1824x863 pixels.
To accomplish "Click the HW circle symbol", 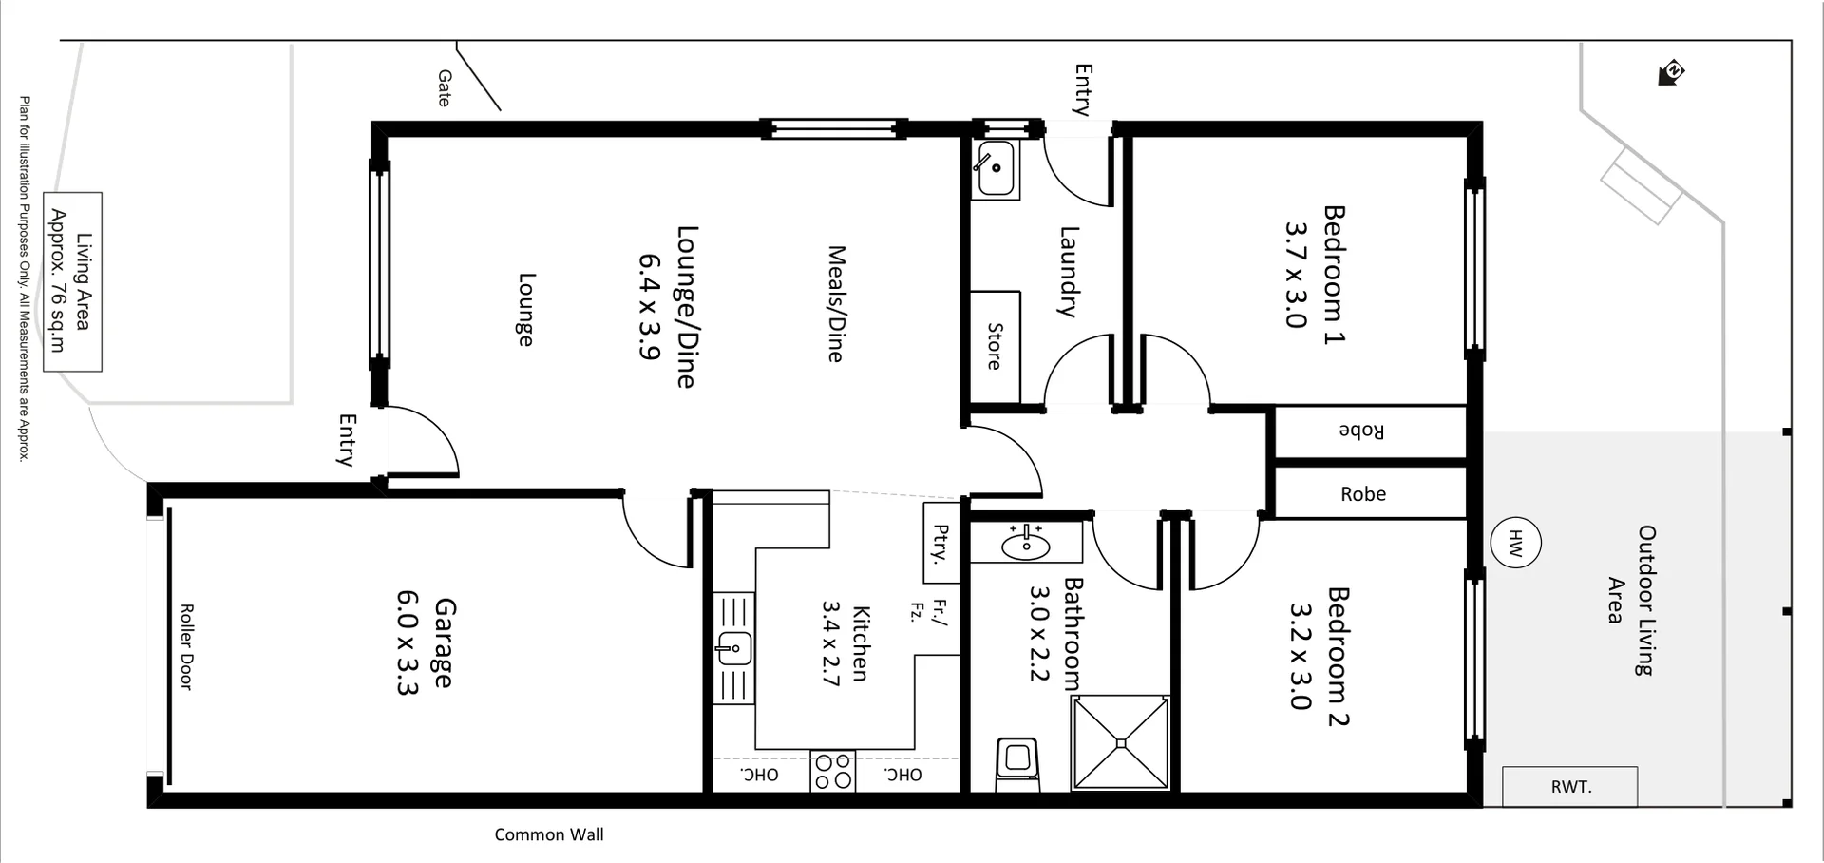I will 1515,544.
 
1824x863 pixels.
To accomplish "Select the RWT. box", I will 1570,787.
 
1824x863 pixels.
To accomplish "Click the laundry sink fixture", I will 995,168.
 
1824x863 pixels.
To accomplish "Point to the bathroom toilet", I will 1017,763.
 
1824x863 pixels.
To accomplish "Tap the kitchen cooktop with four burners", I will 833,771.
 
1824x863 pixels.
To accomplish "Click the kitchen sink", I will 733,648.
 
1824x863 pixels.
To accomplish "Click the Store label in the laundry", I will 994,347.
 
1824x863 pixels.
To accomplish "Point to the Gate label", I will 445,87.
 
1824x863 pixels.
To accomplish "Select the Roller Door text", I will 186,646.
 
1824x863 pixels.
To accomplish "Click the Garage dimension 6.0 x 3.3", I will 407,642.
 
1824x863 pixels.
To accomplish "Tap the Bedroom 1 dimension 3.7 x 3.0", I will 1296,275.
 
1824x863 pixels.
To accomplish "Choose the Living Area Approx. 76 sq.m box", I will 71,281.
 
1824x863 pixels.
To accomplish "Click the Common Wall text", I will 548,834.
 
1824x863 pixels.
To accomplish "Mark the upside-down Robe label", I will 1361,431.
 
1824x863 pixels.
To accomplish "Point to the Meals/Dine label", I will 835,304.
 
